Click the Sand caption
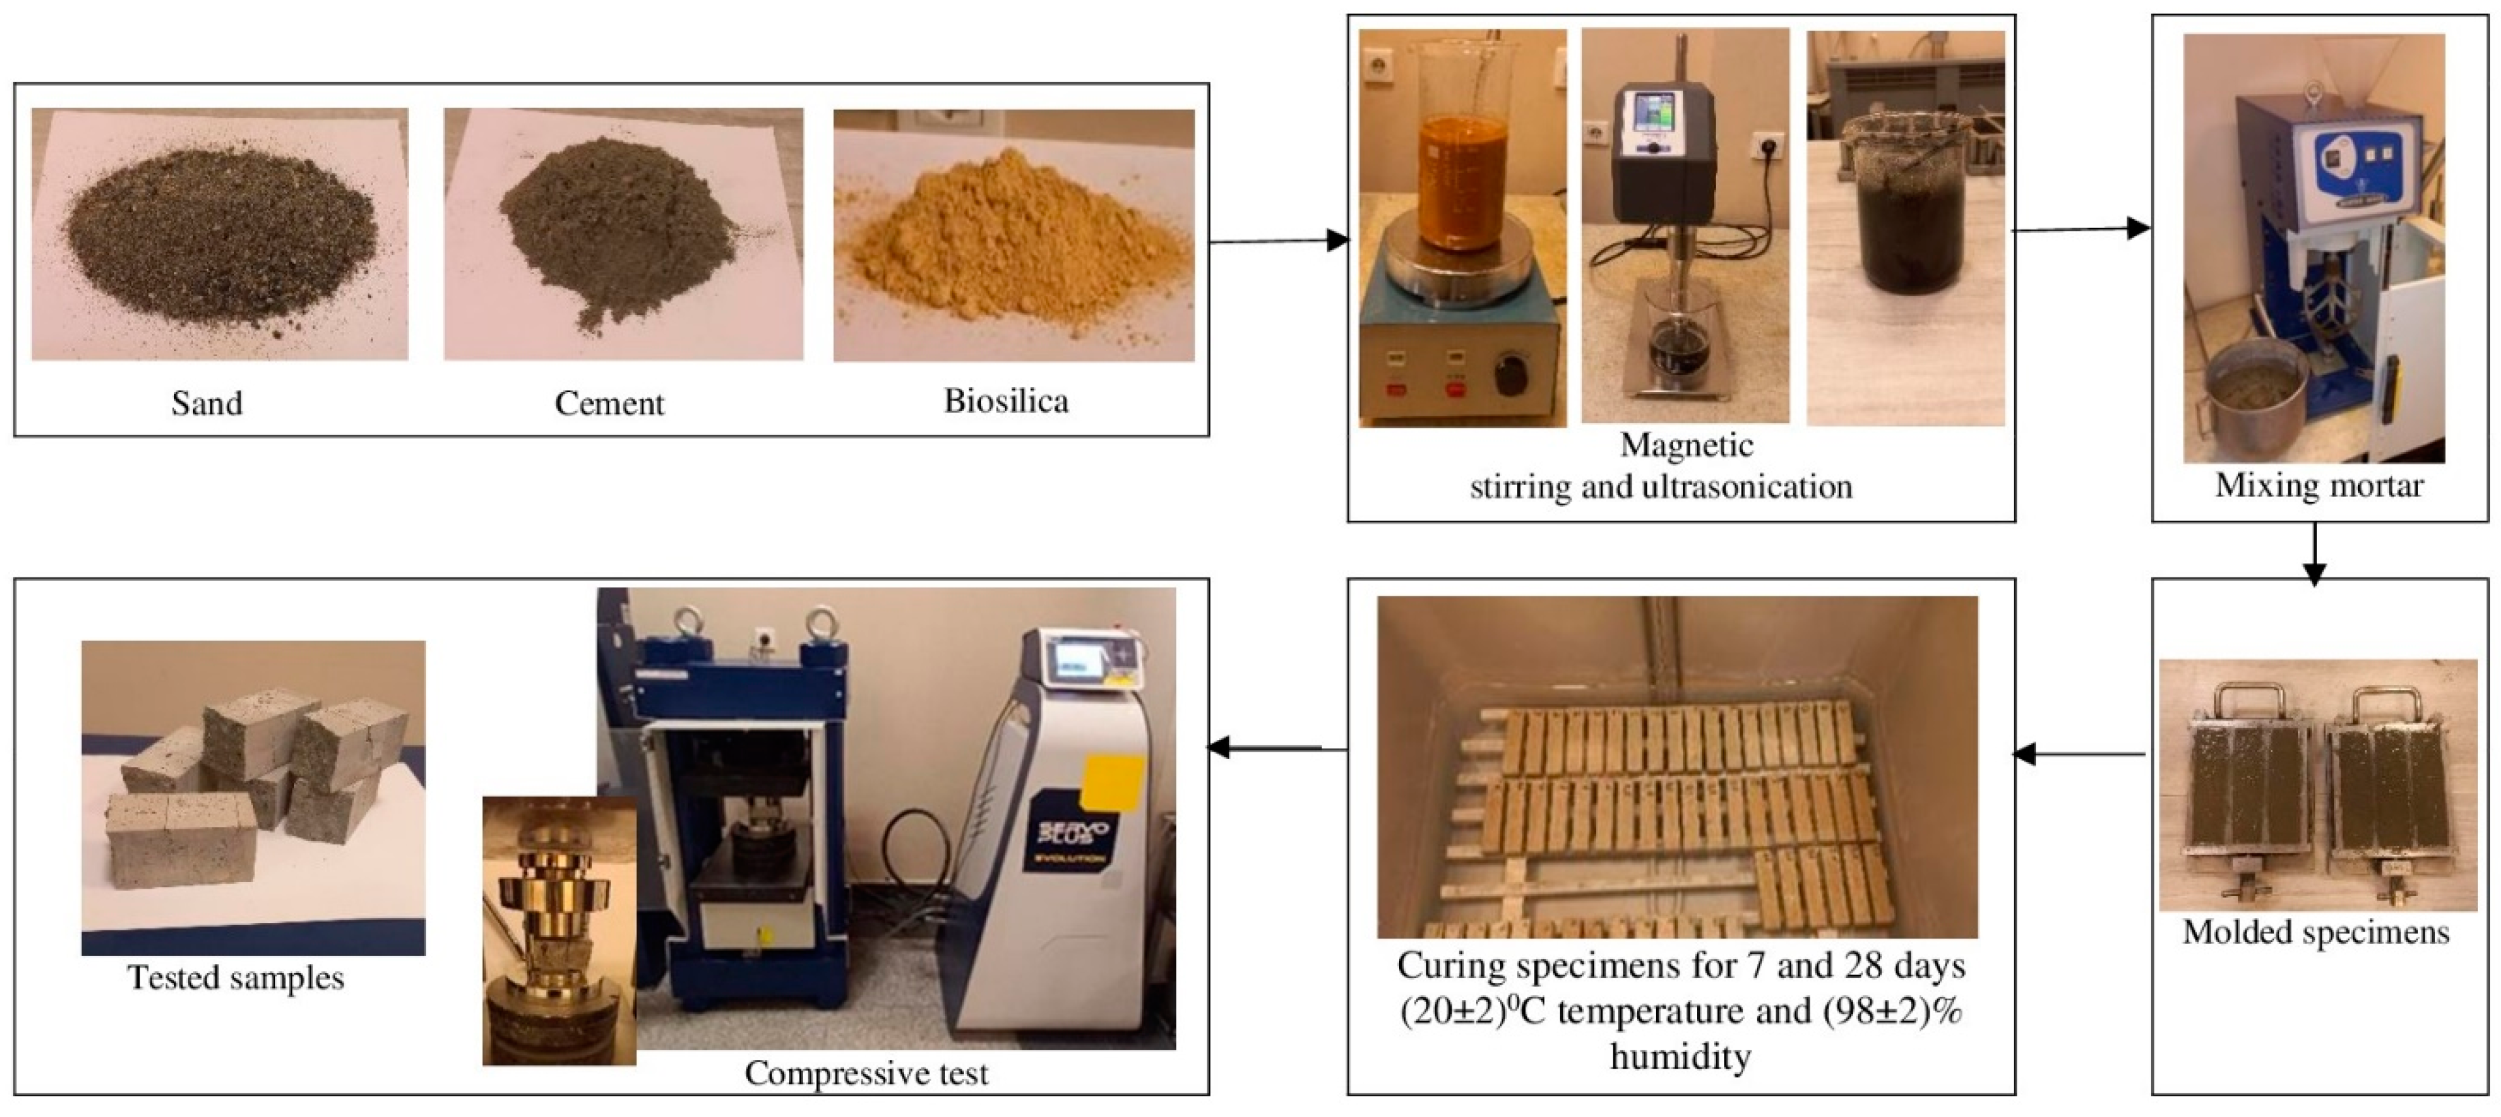[x=207, y=403]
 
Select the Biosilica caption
[x=1006, y=401]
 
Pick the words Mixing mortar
[x=2318, y=485]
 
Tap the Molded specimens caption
[x=2316, y=932]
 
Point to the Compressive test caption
[x=866, y=1073]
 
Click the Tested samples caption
[x=236, y=977]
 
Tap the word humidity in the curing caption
[x=1680, y=1055]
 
